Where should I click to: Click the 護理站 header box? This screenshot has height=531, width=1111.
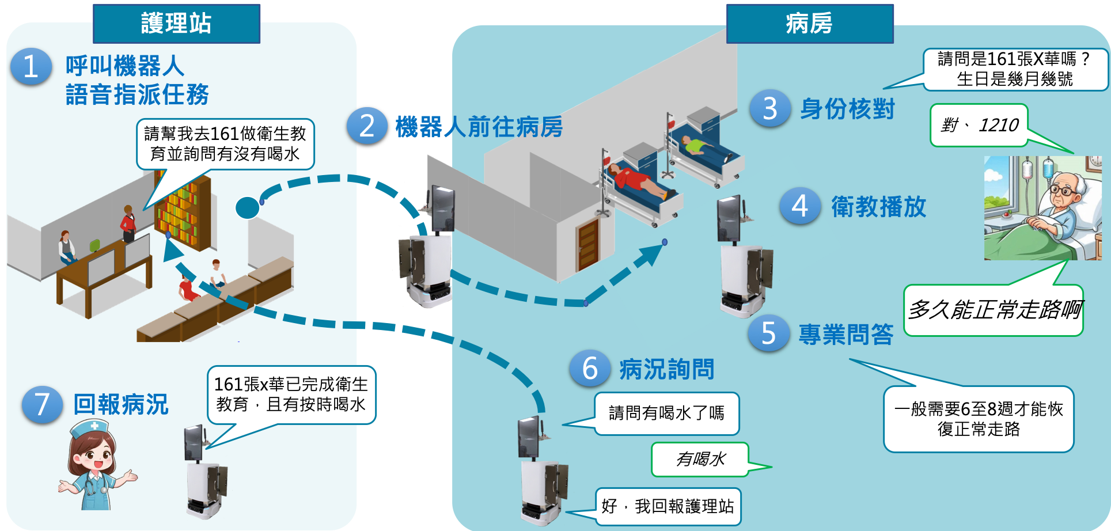pos(176,24)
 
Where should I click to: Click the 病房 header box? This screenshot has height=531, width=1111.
pos(809,24)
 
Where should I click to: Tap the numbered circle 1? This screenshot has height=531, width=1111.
pos(31,67)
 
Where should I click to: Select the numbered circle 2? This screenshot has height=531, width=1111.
pos(367,126)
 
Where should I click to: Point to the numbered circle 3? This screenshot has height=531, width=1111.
pos(770,108)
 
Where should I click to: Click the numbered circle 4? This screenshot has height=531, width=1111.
pos(800,206)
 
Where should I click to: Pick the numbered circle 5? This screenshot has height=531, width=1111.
pos(768,333)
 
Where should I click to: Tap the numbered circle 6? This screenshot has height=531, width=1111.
pos(590,369)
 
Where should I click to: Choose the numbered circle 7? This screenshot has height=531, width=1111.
pos(42,404)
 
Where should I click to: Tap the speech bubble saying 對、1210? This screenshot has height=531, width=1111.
pos(979,125)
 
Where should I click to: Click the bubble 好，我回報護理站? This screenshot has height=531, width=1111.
pos(668,506)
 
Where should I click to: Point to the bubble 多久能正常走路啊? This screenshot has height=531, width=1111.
pos(994,310)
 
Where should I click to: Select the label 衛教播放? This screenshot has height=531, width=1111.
pos(878,207)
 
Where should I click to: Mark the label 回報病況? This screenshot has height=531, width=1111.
pos(121,404)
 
